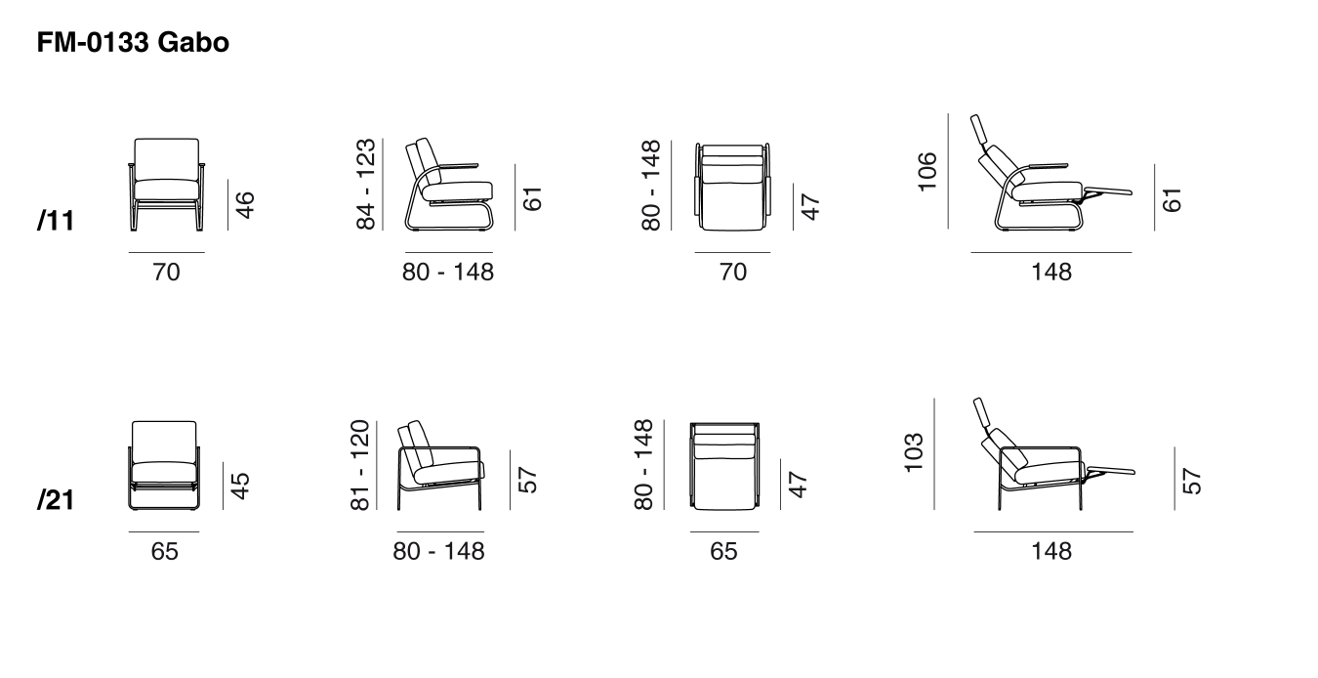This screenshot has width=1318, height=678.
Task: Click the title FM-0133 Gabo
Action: coord(133,42)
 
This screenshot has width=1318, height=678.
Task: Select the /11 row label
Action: coord(56,221)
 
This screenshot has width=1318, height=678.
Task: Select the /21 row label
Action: coord(56,500)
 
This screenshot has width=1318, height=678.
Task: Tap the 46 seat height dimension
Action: coord(245,205)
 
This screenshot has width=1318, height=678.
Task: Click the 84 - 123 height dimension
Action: coord(365,184)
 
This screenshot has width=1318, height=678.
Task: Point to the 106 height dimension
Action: coord(927,171)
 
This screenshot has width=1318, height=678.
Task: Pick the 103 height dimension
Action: coord(913,452)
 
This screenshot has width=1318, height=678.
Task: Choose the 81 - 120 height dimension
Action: coord(359,465)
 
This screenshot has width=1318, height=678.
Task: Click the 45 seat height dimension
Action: coord(240,486)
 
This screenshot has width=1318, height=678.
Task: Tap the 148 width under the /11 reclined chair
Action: coord(1051,272)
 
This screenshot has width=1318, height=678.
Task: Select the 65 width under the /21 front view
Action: coord(164,551)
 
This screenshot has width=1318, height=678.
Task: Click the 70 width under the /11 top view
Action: coord(733,272)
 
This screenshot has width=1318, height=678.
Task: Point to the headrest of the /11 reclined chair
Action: coord(978,129)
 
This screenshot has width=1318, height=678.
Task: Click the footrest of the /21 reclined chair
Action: coord(1111,471)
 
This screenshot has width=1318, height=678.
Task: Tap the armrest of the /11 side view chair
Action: coord(458,166)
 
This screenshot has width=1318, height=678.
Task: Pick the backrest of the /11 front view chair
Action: coord(167,159)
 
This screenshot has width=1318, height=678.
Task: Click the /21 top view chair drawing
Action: coord(724,466)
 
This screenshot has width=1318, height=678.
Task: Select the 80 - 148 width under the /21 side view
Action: coord(439,551)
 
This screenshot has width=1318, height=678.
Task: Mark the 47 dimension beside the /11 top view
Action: coord(810,206)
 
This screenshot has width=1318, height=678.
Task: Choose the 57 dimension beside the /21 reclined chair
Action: coord(1191,481)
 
